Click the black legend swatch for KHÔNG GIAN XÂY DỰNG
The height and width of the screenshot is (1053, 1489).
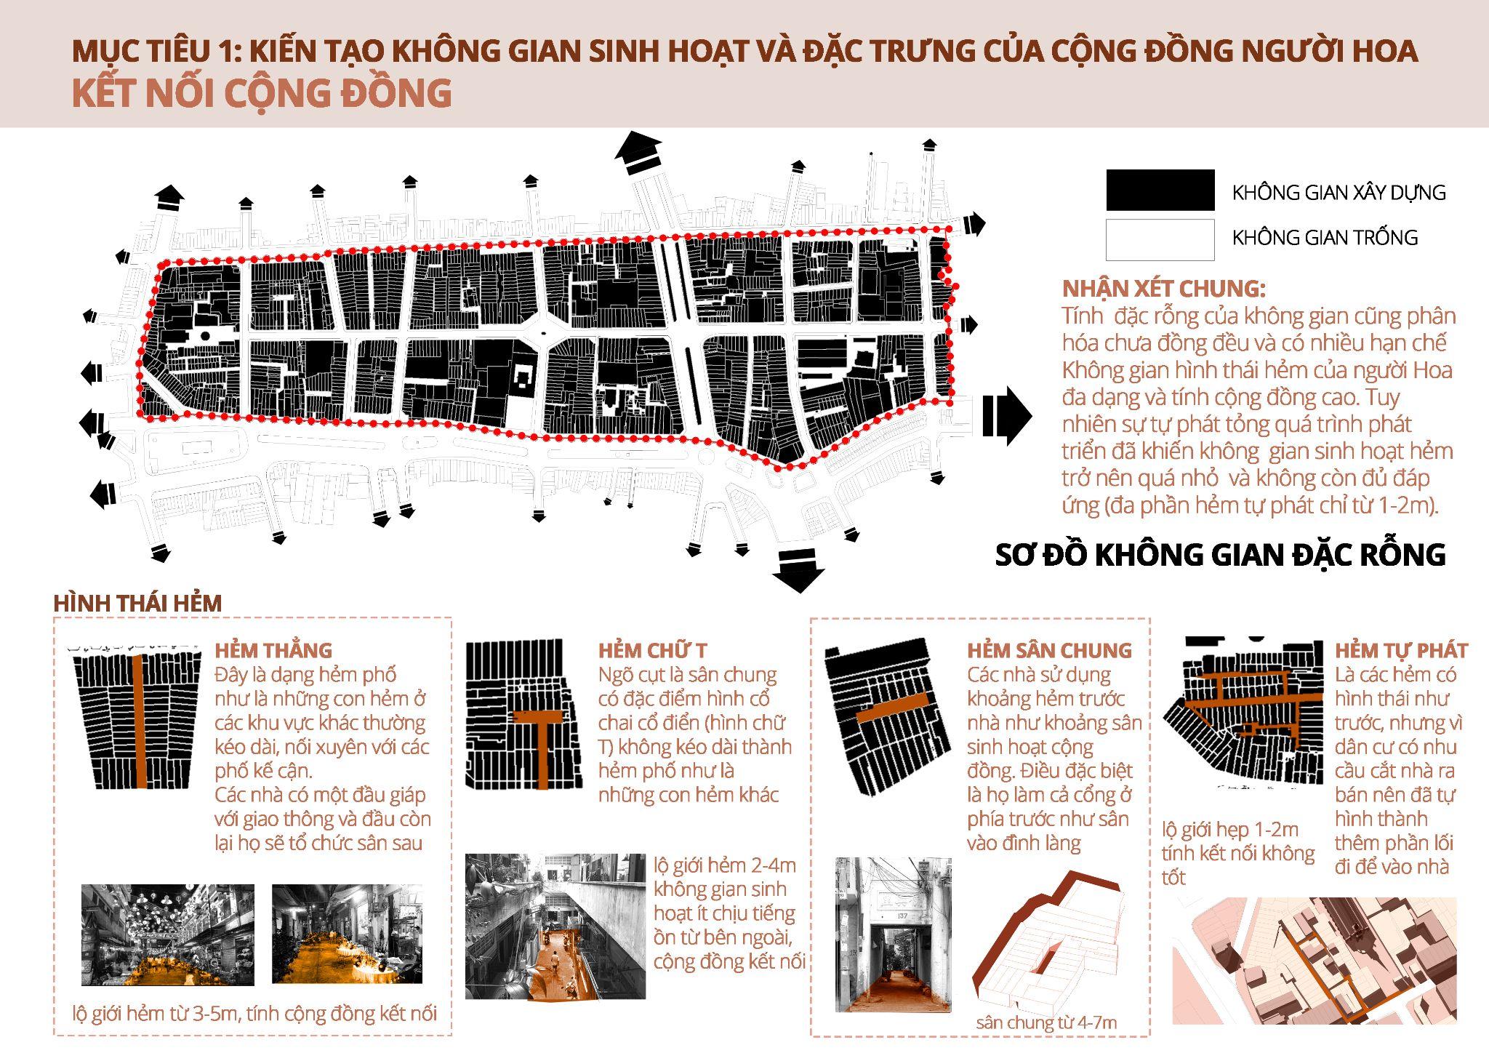[1160, 190]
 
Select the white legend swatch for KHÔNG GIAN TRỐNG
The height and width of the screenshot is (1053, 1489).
[1160, 239]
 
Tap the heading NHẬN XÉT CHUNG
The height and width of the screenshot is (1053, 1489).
[1163, 289]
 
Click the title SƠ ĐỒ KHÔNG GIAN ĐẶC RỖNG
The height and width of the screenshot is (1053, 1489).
[1220, 555]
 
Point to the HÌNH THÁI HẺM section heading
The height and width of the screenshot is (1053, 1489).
[137, 603]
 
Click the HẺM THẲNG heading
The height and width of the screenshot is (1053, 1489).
[273, 650]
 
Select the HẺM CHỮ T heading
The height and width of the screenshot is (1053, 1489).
[652, 650]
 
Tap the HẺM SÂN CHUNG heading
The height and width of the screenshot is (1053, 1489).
[1049, 650]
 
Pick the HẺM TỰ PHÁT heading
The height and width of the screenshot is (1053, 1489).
[1401, 650]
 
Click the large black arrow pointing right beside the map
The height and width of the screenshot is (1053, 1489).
[1007, 416]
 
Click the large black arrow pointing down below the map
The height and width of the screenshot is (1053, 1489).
[798, 571]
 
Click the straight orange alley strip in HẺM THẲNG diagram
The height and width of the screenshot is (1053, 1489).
[140, 721]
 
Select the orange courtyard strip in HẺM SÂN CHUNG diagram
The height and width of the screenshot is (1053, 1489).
[893, 708]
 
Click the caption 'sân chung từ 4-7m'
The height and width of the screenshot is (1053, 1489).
[1046, 1022]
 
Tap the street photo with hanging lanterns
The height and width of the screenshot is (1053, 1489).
[168, 935]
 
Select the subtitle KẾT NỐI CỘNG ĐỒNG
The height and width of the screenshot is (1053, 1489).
[262, 94]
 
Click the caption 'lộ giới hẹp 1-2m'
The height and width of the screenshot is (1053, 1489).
[1230, 830]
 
